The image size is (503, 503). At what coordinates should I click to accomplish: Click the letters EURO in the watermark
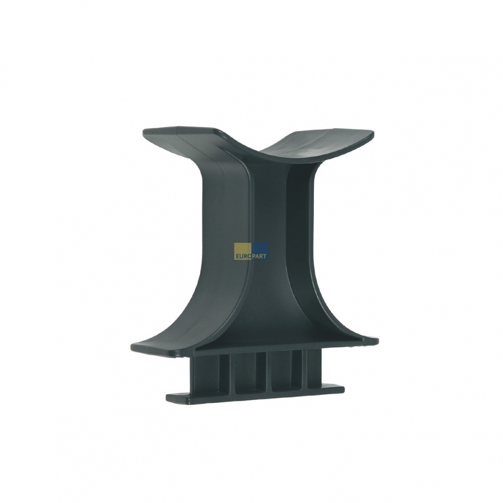(243, 256)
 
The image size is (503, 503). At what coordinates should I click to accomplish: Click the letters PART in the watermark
(260, 256)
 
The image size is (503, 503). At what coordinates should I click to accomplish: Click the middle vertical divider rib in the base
(265, 372)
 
